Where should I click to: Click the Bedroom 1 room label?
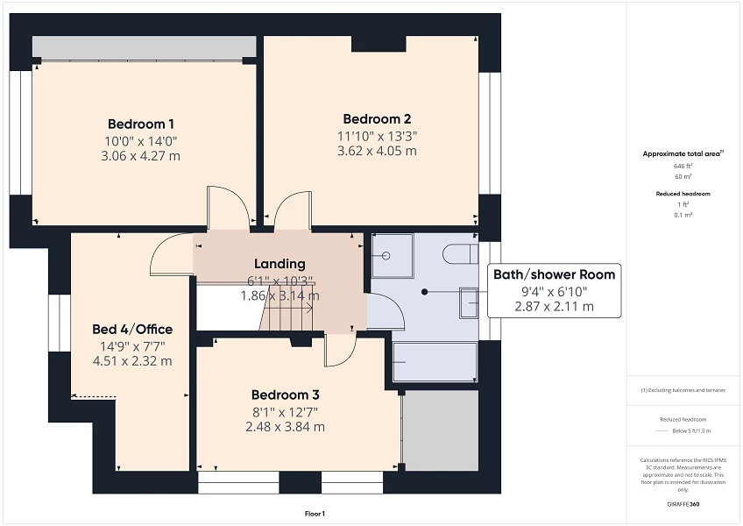point(141,124)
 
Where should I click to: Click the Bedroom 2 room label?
point(377,119)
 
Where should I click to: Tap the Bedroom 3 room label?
point(285,394)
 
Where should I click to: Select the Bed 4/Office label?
point(132,330)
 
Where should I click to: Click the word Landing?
point(280,264)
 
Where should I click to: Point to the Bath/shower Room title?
point(554,274)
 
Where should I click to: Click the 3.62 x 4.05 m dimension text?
point(377,151)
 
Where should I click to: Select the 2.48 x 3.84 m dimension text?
point(285,427)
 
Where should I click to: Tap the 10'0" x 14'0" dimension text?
point(141,140)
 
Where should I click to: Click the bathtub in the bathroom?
point(435,362)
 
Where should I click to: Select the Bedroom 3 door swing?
point(339,352)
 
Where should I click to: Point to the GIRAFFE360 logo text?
point(683,504)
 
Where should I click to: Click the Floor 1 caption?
point(315,514)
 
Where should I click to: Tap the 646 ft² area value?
point(683,166)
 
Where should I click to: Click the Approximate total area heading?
point(683,153)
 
